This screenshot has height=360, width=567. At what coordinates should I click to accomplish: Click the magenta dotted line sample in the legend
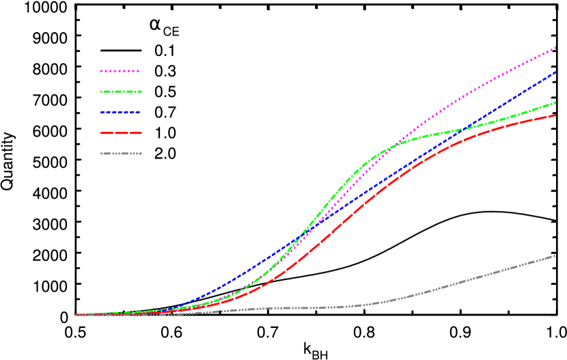[120, 71]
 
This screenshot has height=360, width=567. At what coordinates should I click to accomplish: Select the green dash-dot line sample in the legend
[121, 92]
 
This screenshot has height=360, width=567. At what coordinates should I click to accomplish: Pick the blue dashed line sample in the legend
[120, 112]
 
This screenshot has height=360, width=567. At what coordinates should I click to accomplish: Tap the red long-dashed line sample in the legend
[121, 133]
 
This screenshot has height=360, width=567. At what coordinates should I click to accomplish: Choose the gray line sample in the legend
[121, 154]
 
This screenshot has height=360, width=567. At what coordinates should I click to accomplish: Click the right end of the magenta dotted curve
[555, 48]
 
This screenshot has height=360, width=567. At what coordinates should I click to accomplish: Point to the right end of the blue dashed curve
[555, 72]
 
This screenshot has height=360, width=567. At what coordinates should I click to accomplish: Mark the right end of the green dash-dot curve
[555, 102]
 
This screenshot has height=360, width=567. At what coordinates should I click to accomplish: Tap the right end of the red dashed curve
[555, 115]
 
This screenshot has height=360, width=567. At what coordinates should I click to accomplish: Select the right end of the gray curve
[555, 255]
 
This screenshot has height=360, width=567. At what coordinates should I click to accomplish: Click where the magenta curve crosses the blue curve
[301, 236]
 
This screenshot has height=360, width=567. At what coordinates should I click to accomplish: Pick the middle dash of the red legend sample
[121, 133]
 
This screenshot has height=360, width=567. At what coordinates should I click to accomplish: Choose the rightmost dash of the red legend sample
[136, 133]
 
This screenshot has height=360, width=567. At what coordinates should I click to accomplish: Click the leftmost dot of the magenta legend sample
[101, 71]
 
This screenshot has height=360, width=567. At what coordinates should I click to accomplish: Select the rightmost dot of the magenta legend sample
[138, 71]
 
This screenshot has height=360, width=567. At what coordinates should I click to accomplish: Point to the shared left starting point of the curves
[77, 315]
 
